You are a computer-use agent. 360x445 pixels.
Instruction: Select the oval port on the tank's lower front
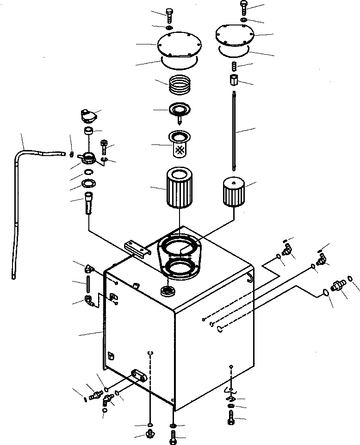[x=139, y=375]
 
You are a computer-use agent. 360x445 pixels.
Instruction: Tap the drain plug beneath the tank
[x=150, y=434]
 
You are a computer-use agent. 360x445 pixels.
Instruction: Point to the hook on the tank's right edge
[x=249, y=276]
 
